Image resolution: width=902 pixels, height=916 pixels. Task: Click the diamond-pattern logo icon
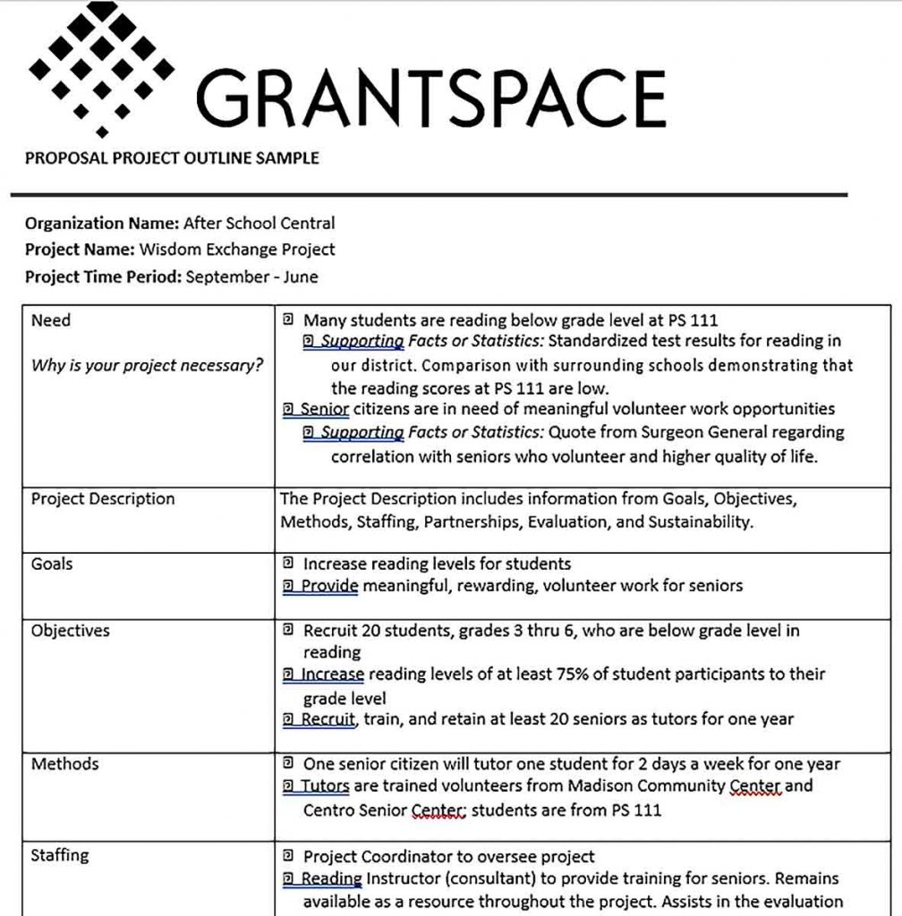(x=100, y=67)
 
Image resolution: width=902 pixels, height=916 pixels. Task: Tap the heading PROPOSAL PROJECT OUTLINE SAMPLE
(x=172, y=159)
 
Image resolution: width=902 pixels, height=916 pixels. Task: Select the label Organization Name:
(x=101, y=224)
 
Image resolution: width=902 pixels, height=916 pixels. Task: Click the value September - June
(x=251, y=277)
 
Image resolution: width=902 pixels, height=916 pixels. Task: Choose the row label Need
(x=51, y=320)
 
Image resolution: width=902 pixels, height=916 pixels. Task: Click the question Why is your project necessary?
(x=148, y=365)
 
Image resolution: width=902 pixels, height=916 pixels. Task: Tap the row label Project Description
(x=103, y=499)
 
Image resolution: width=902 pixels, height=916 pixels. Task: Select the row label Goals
(x=52, y=564)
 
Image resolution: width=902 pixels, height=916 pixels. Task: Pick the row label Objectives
(x=71, y=631)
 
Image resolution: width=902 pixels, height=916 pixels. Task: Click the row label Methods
(x=64, y=765)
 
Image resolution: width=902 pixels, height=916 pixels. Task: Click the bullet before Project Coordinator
(x=288, y=856)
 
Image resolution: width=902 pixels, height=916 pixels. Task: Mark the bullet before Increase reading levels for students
(x=288, y=564)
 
